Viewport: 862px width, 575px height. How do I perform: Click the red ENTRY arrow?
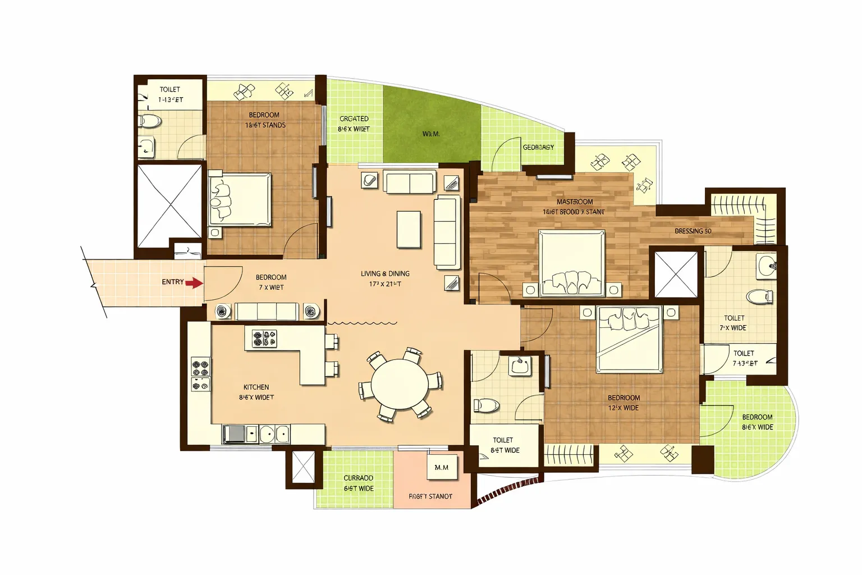coord(194,283)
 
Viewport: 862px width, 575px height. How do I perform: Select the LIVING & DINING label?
coord(385,274)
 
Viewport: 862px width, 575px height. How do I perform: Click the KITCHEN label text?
coord(256,387)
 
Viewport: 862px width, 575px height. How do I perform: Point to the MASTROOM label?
coord(574,202)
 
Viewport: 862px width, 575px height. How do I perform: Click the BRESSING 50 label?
coord(693,231)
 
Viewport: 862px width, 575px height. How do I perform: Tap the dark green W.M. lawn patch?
coord(431,134)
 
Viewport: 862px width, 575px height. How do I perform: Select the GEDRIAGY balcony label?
coord(538,148)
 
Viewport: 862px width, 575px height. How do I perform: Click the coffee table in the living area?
coord(409,229)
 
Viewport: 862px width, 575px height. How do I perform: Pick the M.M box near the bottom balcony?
coord(442,467)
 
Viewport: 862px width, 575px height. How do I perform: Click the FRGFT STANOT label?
coord(430,496)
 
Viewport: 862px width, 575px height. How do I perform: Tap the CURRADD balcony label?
coord(359,478)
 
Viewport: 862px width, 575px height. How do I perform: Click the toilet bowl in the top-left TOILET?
coord(150,120)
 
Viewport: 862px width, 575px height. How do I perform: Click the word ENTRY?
coord(172,282)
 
